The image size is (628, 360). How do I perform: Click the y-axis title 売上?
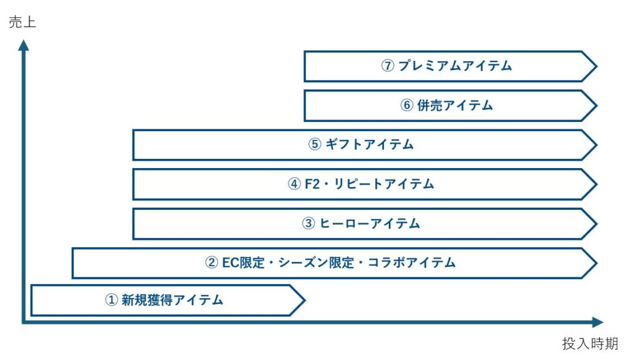[22, 23]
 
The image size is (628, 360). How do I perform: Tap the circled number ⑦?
[387, 66]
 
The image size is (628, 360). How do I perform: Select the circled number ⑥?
[407, 105]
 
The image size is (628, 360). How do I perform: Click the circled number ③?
[308, 223]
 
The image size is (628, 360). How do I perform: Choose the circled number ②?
[211, 263]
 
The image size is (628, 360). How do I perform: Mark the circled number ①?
[111, 301]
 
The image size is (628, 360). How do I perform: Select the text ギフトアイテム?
[370, 145]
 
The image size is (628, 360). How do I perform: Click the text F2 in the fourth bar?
[313, 184]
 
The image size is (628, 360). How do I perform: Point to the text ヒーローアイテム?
[370, 223]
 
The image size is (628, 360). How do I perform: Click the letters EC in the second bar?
[231, 263]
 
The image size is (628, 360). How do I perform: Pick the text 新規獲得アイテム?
[172, 301]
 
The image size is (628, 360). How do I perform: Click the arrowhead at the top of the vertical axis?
[23, 45]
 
